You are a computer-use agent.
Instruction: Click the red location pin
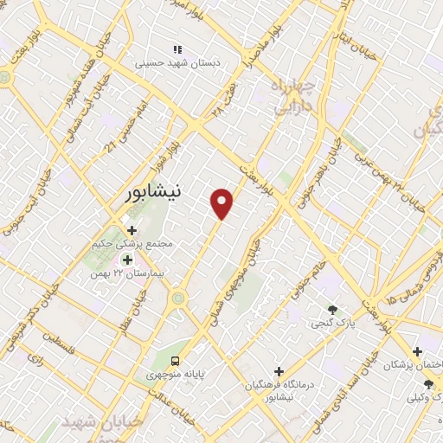[x=222, y=202]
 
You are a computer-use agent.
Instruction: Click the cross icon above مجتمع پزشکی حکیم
[x=132, y=230]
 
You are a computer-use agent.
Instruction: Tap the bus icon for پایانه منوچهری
[x=176, y=360]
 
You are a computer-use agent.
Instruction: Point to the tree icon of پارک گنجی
[x=331, y=310]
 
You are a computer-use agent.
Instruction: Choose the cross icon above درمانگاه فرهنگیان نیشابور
[x=278, y=370]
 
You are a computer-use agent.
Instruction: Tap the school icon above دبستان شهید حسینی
[x=177, y=49]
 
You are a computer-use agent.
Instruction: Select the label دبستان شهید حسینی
[x=178, y=63]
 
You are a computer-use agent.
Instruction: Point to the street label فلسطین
[x=61, y=350]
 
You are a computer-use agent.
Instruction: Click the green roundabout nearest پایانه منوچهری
[x=178, y=299]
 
